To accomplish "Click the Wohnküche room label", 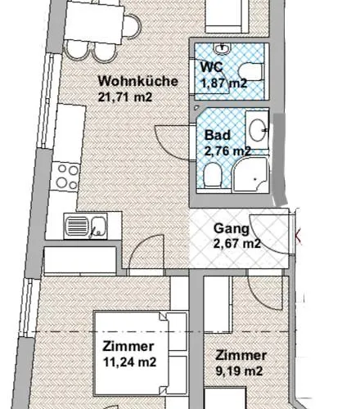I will (133, 82).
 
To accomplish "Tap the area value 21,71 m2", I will (125, 97).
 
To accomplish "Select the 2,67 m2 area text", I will (237, 243).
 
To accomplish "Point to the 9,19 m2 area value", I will (239, 371).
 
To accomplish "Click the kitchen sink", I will (85, 224).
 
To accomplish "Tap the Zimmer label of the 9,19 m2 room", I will (241, 356).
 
